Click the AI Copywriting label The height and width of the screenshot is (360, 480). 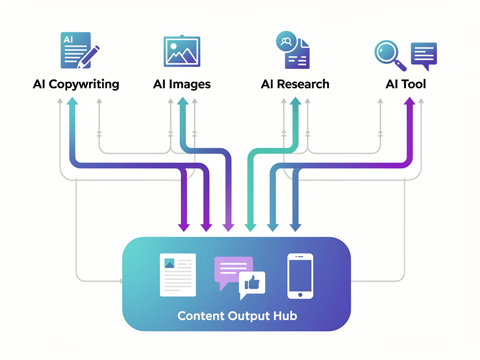click(76, 84)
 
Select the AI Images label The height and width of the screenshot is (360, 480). click(182, 84)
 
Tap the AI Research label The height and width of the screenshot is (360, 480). click(295, 84)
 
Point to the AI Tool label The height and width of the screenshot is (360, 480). click(405, 84)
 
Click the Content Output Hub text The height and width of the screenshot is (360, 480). click(237, 315)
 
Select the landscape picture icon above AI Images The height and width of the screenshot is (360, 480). click(182, 50)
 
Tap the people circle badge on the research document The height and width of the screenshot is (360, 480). click(285, 41)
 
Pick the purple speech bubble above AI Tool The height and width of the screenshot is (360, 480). click(424, 54)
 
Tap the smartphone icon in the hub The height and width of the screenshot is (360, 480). click(300, 276)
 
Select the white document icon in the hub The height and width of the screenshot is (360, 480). click(178, 275)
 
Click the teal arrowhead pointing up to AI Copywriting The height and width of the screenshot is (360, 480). click(72, 103)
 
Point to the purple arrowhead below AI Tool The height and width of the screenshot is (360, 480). click(409, 102)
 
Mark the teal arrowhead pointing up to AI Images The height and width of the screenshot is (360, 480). click(182, 103)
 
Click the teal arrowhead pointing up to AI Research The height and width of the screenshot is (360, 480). click(296, 103)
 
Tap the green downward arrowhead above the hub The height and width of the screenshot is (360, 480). click(251, 227)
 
